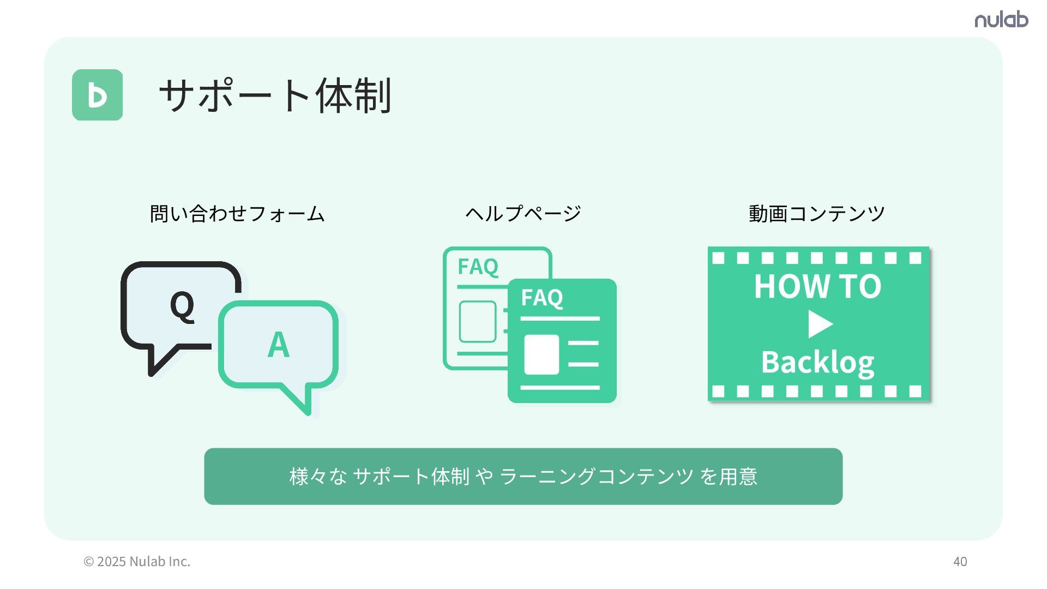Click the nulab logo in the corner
[1001, 20]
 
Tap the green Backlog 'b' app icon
[98, 95]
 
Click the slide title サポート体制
[275, 95]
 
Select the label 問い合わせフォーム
[237, 213]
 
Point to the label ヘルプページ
[523, 213]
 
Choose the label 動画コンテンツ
[816, 213]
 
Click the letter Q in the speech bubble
[182, 305]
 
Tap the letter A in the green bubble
[278, 345]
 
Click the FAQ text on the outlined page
[478, 267]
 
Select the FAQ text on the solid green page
[541, 298]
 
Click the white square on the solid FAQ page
[541, 354]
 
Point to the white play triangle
[820, 324]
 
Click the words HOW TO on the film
[817, 286]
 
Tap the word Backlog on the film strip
[817, 362]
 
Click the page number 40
[960, 561]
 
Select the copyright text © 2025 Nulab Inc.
[137, 561]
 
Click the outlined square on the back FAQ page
[478, 322]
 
